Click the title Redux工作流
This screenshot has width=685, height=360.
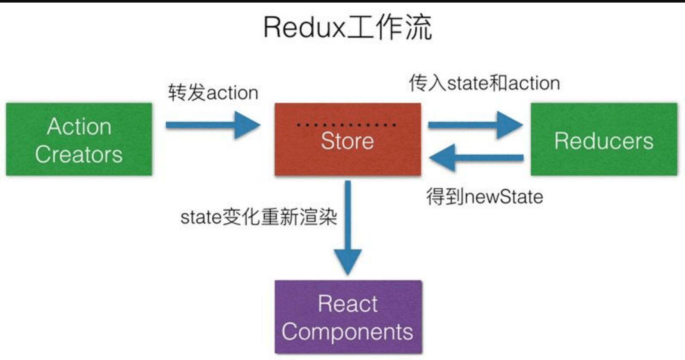pos(347,27)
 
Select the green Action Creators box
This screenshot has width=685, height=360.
pos(79,139)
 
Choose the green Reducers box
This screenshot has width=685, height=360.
pos(604,139)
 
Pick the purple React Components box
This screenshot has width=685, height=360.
pos(348,317)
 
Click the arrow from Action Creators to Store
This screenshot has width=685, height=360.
pos(213,125)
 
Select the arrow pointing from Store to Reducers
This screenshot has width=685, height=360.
pos(475,125)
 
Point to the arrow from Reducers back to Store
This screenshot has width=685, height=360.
pos(476,158)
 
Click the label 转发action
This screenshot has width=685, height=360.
pos(213,93)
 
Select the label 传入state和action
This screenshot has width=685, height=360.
pos(484,83)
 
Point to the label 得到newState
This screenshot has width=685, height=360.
pos(485,197)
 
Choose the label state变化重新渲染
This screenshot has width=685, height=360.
pos(259,217)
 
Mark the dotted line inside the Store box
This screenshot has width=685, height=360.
pos(346,125)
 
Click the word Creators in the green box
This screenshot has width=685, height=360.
pos(79,154)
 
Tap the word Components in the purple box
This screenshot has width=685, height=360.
pos(347,332)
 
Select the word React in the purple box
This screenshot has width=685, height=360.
pos(348,304)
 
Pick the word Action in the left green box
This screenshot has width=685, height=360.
pos(80,126)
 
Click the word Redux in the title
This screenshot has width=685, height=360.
pos(304,27)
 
